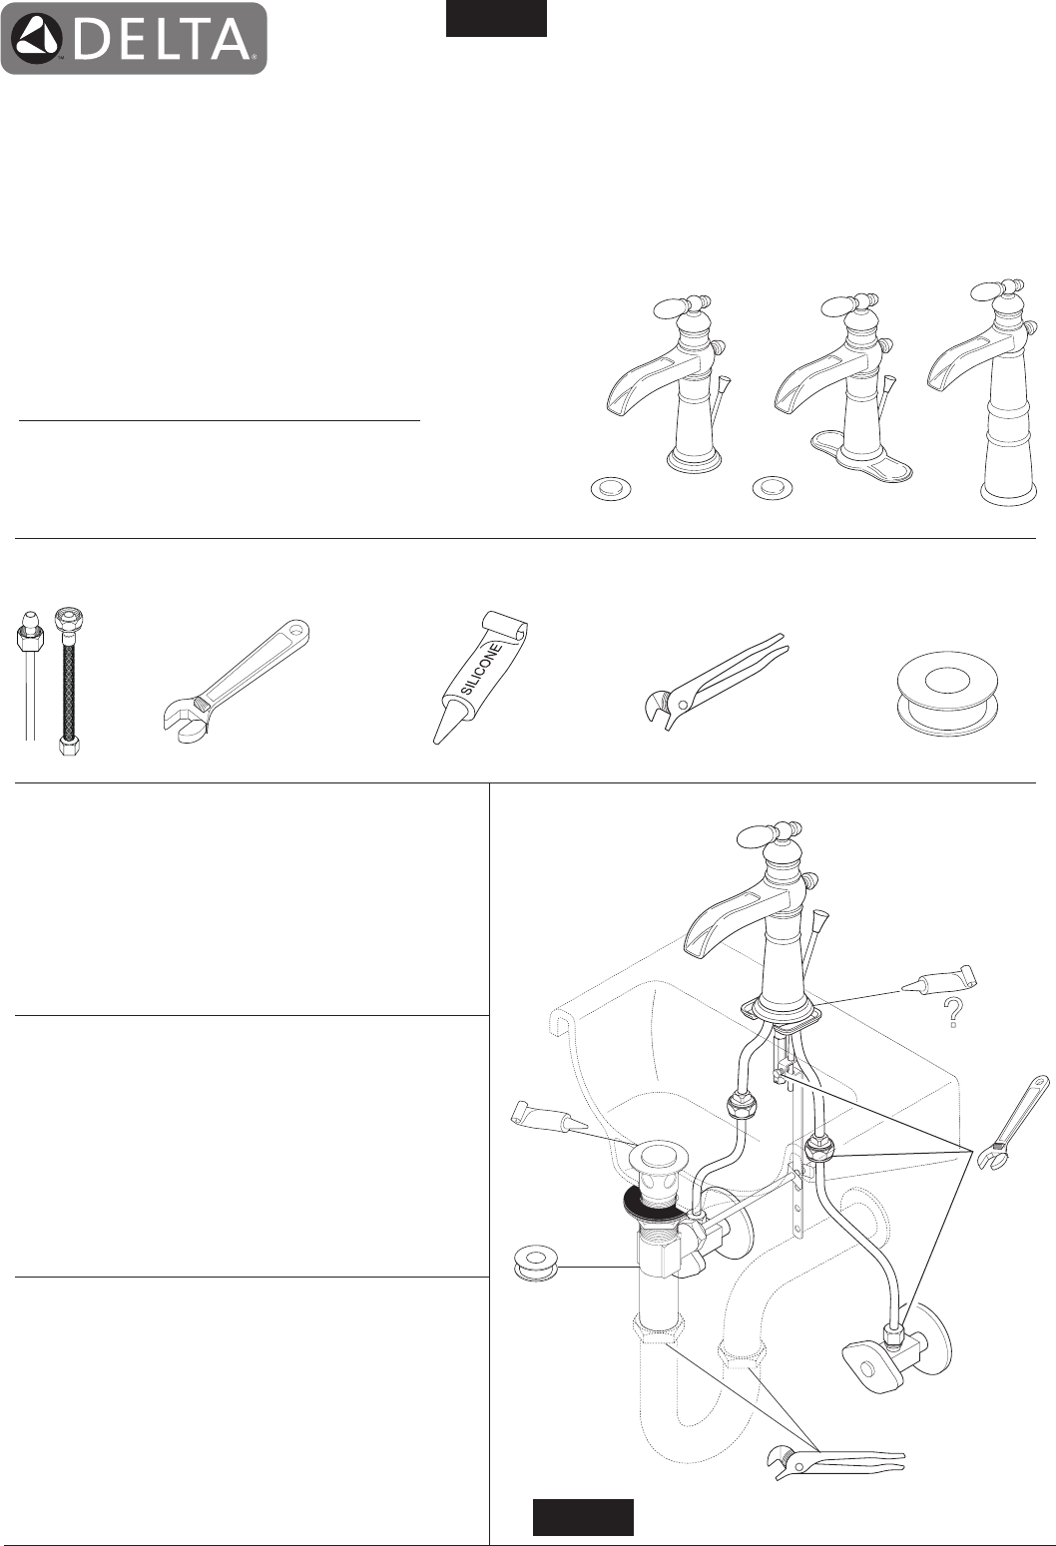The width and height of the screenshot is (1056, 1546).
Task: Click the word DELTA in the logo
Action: coord(164,39)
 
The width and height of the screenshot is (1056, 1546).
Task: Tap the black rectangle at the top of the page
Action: coord(496,18)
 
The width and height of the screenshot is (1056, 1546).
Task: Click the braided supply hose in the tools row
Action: coord(68,680)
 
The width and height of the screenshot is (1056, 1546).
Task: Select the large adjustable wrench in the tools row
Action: coord(236,679)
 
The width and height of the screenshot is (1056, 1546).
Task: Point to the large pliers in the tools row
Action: coord(714,681)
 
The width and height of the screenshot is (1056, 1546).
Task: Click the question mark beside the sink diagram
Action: coord(953,1012)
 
